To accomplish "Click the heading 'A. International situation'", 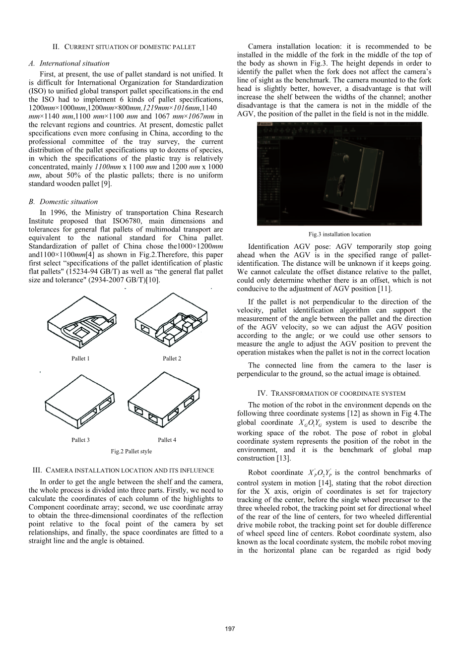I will pyautogui.click(x=74, y=63).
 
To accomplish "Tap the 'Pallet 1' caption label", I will pyautogui.click(x=80, y=358).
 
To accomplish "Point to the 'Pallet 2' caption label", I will pyautogui.click(x=172, y=358).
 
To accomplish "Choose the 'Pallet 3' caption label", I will pyautogui.click(x=80, y=440).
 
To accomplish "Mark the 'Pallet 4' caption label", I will pyautogui.click(x=167, y=440).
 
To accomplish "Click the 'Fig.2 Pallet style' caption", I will pyautogui.click(x=131, y=451).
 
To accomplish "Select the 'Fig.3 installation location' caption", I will pyautogui.click(x=339, y=234).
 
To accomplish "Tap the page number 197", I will pyautogui.click(x=229, y=629).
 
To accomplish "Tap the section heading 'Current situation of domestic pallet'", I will pyautogui.click(x=124, y=47).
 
